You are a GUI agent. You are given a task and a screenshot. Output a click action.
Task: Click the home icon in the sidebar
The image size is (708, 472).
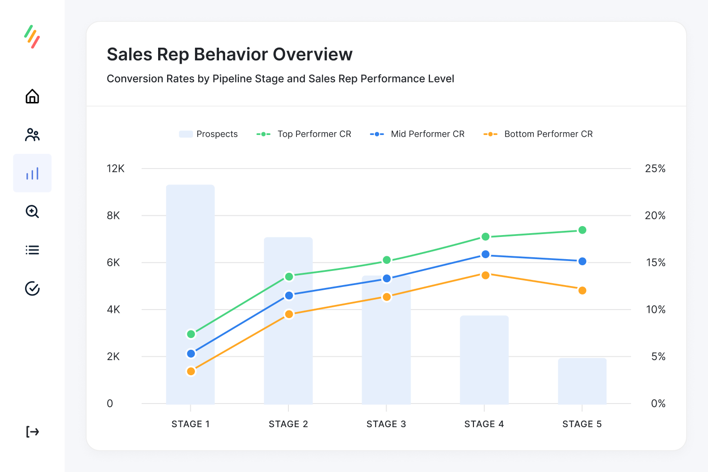pos(32,96)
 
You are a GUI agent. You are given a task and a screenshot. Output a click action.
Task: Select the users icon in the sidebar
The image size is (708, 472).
pos(32,135)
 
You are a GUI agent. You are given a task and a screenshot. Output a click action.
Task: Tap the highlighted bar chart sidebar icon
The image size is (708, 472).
pos(32,173)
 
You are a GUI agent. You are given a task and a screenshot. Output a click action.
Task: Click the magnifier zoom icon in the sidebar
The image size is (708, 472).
pos(32,211)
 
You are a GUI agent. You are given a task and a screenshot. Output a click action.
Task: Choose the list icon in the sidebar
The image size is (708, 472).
pos(32,250)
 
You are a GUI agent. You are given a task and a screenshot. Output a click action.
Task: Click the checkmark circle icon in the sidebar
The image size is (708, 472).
pos(32,288)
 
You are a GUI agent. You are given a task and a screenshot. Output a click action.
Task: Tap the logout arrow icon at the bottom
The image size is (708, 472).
pos(32,431)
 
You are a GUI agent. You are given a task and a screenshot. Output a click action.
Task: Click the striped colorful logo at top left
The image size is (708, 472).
pos(32,37)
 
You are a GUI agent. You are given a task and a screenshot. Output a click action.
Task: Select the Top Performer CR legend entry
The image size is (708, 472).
pos(304,134)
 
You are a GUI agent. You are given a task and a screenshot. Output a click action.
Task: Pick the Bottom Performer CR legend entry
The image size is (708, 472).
pos(538,134)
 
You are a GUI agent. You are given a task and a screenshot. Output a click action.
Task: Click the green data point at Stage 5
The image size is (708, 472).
pos(582,230)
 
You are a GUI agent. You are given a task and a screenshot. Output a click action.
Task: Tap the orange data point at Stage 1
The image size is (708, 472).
pos(191,371)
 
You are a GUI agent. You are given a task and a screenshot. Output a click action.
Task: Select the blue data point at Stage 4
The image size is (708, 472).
pos(485,254)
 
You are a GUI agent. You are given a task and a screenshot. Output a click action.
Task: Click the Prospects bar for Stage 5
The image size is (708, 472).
pos(582,381)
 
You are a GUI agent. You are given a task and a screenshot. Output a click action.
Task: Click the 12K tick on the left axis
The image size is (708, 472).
pos(116,169)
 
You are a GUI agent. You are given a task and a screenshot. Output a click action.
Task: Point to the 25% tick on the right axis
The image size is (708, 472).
pos(655,169)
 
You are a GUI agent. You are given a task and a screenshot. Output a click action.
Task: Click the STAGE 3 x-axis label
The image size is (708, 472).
pos(386,424)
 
